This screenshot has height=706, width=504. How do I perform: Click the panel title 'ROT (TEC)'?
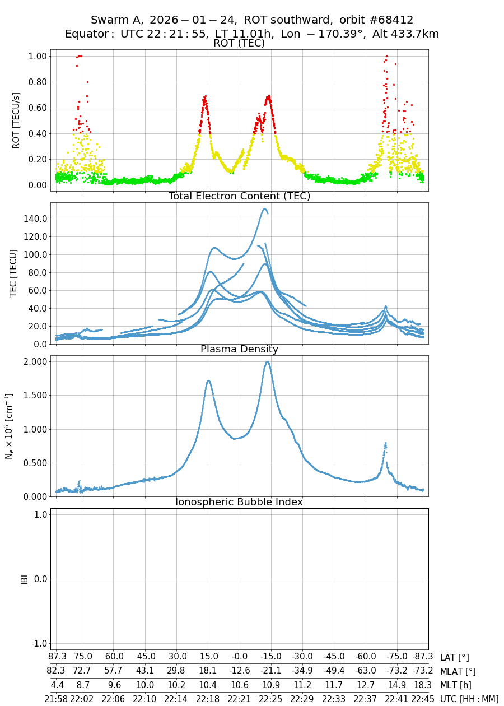pos(239,43)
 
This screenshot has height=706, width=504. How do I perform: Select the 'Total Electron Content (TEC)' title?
pos(239,196)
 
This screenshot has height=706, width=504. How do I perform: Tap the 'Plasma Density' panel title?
pos(239,349)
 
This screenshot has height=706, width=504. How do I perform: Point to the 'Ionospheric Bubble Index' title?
pos(239,502)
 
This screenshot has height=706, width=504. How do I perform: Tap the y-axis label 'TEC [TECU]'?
pos(13,273)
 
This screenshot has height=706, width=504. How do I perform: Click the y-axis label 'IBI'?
pos(24,579)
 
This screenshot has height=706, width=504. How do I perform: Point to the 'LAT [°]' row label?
pos(455,657)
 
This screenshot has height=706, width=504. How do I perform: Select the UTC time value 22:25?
pos(270,699)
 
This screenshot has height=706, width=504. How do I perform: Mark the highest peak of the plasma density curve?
pos(267,361)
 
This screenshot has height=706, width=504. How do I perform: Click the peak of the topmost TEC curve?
pos(264,208)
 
